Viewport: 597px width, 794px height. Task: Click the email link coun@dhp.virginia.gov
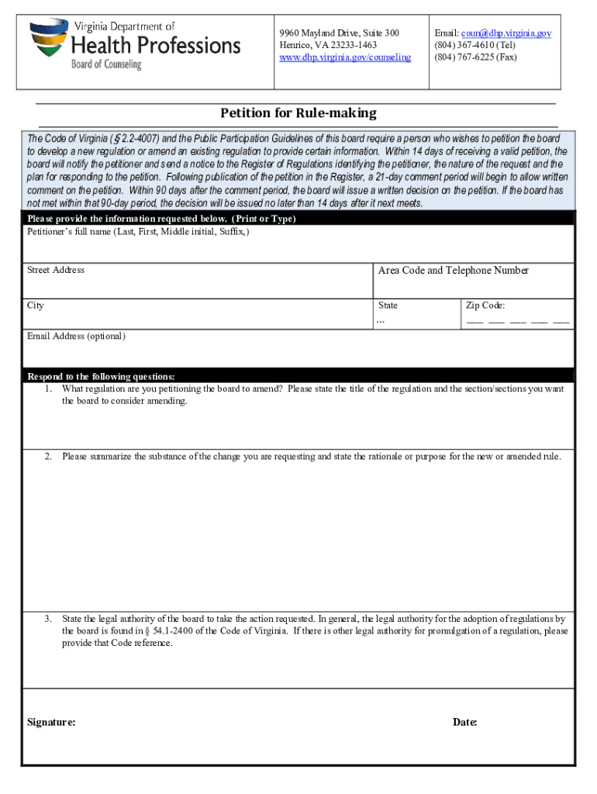[x=506, y=33]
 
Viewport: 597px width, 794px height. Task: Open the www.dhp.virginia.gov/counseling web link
[x=345, y=57]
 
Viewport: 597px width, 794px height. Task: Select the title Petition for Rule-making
[x=298, y=113]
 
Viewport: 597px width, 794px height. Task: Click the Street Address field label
[x=56, y=271]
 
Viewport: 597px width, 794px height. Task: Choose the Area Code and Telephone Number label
[x=453, y=271]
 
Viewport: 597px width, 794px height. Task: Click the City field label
[x=36, y=306]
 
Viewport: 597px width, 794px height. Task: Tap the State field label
[x=388, y=306]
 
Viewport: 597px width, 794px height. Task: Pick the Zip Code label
[x=485, y=306]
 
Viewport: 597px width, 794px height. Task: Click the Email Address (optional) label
[x=76, y=337]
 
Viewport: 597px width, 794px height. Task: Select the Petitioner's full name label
[x=138, y=232]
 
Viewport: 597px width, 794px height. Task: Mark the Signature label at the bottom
[x=51, y=722]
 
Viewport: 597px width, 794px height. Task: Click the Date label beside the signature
[x=464, y=722]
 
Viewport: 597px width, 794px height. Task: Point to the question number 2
[x=48, y=456]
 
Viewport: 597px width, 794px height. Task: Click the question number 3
[x=48, y=619]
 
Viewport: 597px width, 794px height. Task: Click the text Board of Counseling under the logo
[x=107, y=65]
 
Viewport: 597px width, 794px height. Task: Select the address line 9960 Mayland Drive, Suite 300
[x=339, y=33]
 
